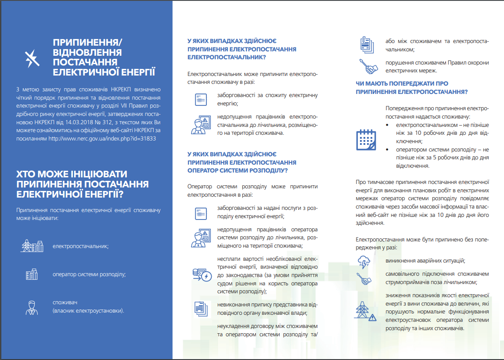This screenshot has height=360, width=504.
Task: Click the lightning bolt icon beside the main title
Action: tap(32, 58)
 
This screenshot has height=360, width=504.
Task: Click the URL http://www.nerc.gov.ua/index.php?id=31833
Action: tap(102, 138)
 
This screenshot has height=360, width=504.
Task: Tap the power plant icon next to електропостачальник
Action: tap(32, 246)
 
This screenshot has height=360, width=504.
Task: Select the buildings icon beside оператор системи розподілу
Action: tap(32, 274)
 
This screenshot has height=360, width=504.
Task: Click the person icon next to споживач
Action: tap(32, 307)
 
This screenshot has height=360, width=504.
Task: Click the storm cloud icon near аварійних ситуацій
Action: tap(364, 262)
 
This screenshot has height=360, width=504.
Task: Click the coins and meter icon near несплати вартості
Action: tap(202, 275)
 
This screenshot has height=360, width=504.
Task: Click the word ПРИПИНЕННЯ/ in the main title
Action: tap(87, 42)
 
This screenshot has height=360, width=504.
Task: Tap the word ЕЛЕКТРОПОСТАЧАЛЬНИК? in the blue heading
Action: tap(226, 57)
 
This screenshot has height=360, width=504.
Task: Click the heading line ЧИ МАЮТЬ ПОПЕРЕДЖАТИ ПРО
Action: tap(402, 83)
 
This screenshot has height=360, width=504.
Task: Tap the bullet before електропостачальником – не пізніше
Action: tap(388, 125)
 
